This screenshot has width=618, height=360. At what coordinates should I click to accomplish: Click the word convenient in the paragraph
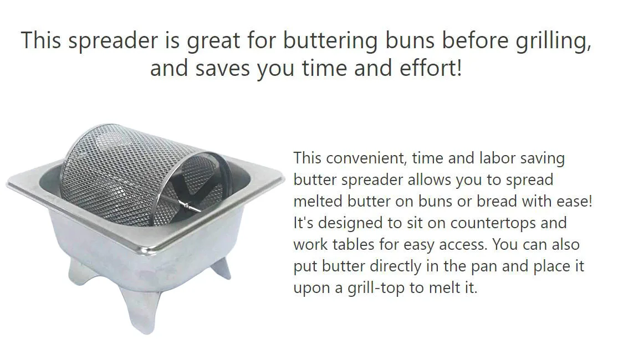click(x=369, y=158)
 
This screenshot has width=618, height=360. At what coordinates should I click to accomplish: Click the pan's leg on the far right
click(x=222, y=268)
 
